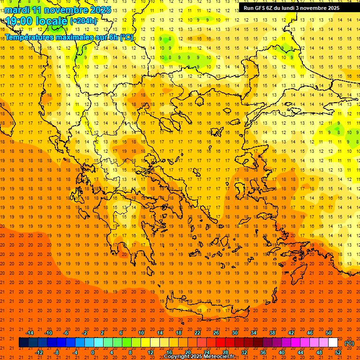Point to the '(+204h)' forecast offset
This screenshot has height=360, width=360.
83,21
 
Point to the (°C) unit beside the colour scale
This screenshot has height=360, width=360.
349,343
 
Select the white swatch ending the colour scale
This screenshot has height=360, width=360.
333,343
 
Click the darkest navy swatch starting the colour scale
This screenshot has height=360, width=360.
23,343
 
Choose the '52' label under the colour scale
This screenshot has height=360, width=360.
338,352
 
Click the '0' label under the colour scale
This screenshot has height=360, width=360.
93,352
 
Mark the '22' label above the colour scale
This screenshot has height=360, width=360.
197,333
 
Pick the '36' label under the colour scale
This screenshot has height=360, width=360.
263,352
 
